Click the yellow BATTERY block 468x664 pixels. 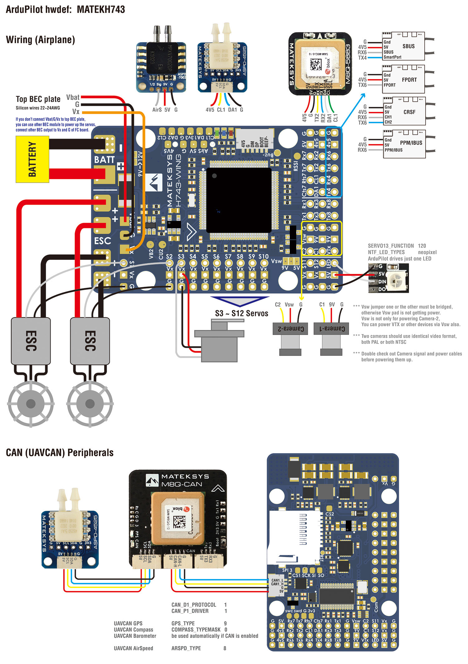pyautogui.click(x=32, y=159)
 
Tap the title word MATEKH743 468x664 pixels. pyautogui.click(x=101, y=9)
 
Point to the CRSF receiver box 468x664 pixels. pyautogui.click(x=404, y=112)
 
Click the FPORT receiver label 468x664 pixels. pyautogui.click(x=409, y=80)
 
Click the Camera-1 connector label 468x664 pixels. pyautogui.click(x=331, y=329)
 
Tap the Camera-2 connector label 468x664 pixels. pyautogui.click(x=290, y=329)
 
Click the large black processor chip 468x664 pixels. pyautogui.click(x=239, y=200)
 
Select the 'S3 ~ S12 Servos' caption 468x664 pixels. pyautogui.click(x=241, y=313)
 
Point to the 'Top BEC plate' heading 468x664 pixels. pyautogui.click(x=38, y=99)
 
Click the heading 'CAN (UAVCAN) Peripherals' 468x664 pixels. pyautogui.click(x=60, y=453)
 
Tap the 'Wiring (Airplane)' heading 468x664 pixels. pyautogui.click(x=40, y=40)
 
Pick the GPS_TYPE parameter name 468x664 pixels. pyautogui.click(x=183, y=623)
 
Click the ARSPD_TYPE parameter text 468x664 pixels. pyautogui.click(x=186, y=648)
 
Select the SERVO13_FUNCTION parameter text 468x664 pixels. pyautogui.click(x=391, y=246)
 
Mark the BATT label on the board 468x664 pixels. pyautogui.click(x=104, y=160)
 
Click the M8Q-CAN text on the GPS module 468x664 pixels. pyautogui.click(x=182, y=484)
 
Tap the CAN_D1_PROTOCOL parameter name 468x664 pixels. pyautogui.click(x=194, y=605)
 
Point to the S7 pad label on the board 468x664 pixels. pyautogui.click(x=228, y=256)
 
